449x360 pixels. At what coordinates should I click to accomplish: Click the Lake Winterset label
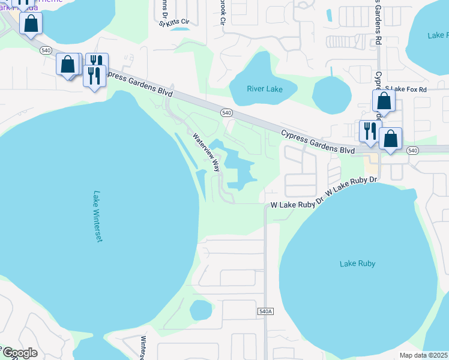pyautogui.click(x=98, y=217)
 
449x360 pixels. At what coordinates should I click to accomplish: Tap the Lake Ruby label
pyautogui.click(x=357, y=263)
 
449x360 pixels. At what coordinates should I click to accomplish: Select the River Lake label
pyautogui.click(x=265, y=89)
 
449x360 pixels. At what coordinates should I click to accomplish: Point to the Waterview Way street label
pyautogui.click(x=206, y=152)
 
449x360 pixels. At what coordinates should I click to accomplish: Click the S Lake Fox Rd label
pyautogui.click(x=406, y=89)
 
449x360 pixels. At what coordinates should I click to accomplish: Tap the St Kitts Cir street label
pyautogui.click(x=174, y=23)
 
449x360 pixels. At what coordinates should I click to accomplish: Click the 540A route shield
pyautogui.click(x=265, y=311)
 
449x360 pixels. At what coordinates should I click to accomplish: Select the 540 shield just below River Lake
pyautogui.click(x=226, y=113)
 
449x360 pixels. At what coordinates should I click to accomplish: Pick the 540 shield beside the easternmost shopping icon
pyautogui.click(x=412, y=150)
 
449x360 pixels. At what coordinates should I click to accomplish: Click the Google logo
pyautogui.click(x=20, y=353)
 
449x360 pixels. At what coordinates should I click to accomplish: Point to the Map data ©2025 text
pyautogui.click(x=424, y=355)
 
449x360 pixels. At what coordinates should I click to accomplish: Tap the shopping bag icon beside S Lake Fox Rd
pyautogui.click(x=384, y=101)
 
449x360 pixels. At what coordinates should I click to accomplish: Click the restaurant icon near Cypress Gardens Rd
pyautogui.click(x=369, y=131)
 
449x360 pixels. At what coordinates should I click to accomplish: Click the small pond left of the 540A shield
pyautogui.click(x=200, y=310)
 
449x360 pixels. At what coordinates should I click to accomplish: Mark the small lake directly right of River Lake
pyautogui.click(x=331, y=94)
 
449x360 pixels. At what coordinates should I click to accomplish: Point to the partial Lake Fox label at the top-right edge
pyautogui.click(x=438, y=35)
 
